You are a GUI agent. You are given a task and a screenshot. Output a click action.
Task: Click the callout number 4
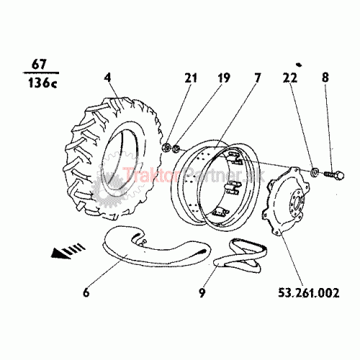108,78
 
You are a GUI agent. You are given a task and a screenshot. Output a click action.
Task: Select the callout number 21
191,78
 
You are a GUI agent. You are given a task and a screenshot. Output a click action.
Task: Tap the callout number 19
224,78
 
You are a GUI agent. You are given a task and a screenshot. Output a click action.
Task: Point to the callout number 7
257,78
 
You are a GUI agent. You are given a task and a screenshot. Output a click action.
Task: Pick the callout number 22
290,78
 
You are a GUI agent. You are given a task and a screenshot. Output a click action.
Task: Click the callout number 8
325,78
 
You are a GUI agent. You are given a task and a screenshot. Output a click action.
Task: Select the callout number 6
86,292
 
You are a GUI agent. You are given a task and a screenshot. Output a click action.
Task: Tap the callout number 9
202,292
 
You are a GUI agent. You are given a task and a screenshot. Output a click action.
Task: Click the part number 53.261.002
309,292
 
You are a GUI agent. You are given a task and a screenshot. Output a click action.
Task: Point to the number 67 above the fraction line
39,64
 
